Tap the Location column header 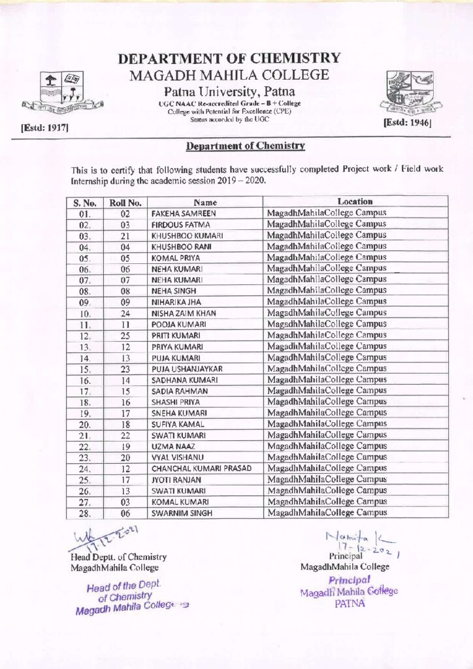click(355, 202)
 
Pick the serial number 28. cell click(84, 514)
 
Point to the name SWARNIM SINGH click(180, 514)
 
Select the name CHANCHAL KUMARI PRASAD click(201, 468)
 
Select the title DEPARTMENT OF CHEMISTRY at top click(229, 59)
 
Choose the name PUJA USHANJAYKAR click(188, 369)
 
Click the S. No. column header click(84, 203)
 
